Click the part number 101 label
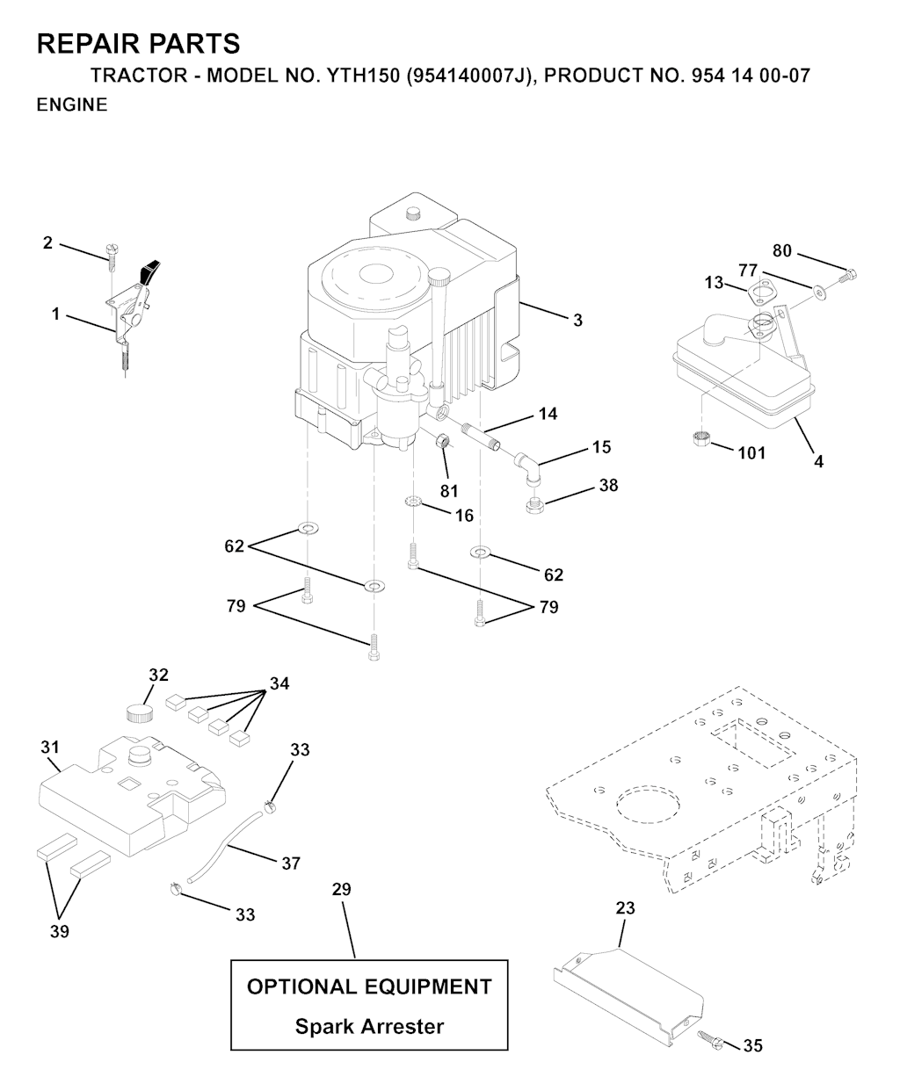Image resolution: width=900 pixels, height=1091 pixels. click(x=751, y=452)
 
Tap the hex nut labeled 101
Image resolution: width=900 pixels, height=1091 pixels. click(x=701, y=438)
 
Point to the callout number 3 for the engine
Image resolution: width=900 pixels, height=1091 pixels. click(x=577, y=321)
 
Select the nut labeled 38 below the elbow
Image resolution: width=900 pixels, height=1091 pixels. click(x=535, y=505)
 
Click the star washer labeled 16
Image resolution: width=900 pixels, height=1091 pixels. click(x=412, y=502)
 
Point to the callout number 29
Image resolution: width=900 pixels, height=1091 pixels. click(x=342, y=889)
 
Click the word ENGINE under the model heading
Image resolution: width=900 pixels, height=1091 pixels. click(x=72, y=105)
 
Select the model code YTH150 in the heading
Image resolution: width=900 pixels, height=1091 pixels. click(x=363, y=76)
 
